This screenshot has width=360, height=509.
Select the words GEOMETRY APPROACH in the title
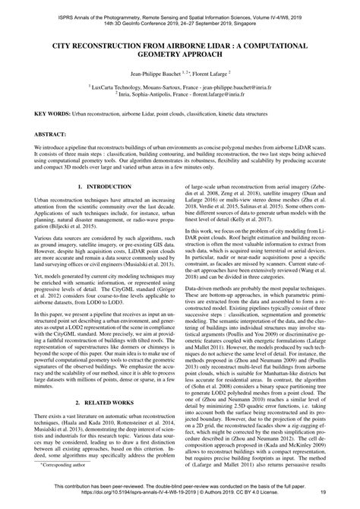click(179, 56)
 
